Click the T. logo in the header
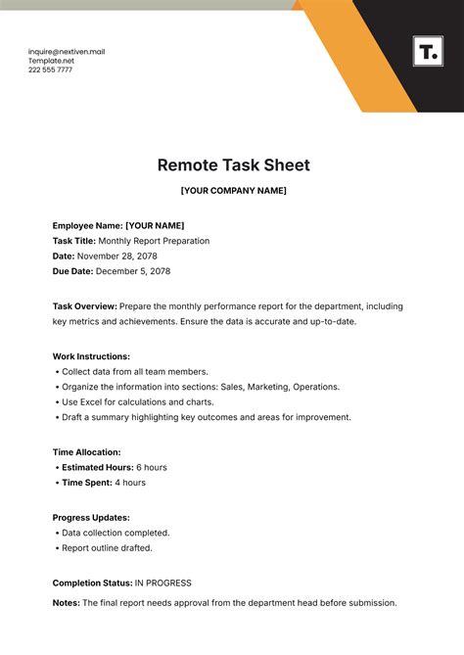coord(427,52)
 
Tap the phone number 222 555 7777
coord(51,70)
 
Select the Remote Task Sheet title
coord(233,165)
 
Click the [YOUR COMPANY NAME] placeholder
coord(233,190)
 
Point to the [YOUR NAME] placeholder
coord(154,225)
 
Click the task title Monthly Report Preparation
coord(154,241)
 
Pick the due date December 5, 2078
coord(134,271)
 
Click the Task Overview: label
coord(85,306)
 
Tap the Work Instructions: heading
coord(91,356)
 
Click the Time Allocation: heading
coord(86,452)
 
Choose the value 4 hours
coord(129,483)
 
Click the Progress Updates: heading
coord(91,517)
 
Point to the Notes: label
coord(67,603)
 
